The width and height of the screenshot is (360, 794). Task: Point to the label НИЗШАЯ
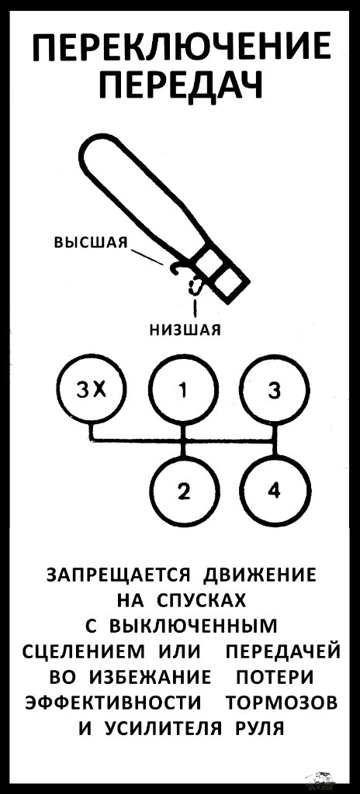click(185, 330)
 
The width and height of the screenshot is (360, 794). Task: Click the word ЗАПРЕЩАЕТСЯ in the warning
click(118, 576)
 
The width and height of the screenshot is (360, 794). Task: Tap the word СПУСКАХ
click(202, 602)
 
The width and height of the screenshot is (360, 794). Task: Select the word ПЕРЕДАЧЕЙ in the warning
click(283, 653)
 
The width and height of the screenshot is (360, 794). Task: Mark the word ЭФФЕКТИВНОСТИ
click(112, 703)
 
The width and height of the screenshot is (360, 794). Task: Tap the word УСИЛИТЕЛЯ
click(163, 729)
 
